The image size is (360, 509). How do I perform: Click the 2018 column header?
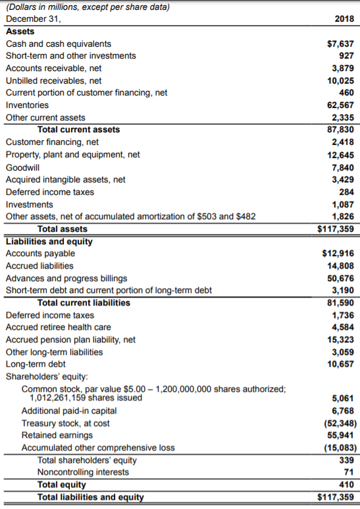[344, 20]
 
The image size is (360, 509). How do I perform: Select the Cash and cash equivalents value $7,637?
[340, 43]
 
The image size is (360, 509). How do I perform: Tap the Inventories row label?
[27, 105]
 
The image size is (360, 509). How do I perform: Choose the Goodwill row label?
[22, 167]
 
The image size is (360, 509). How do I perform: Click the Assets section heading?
[20, 32]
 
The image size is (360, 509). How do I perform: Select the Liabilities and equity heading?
[49, 241]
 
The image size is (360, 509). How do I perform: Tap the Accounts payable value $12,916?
[338, 254]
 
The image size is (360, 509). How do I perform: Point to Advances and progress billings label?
[66, 279]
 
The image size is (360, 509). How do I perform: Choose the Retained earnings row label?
[57, 435]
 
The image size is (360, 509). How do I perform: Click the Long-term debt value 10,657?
[340, 364]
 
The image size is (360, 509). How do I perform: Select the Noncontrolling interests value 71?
[349, 472]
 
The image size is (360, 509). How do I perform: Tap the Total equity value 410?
[346, 485]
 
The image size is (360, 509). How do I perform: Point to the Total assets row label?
[63, 229]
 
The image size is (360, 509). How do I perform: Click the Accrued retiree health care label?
[58, 327]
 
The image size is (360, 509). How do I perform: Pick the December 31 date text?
[33, 19]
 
